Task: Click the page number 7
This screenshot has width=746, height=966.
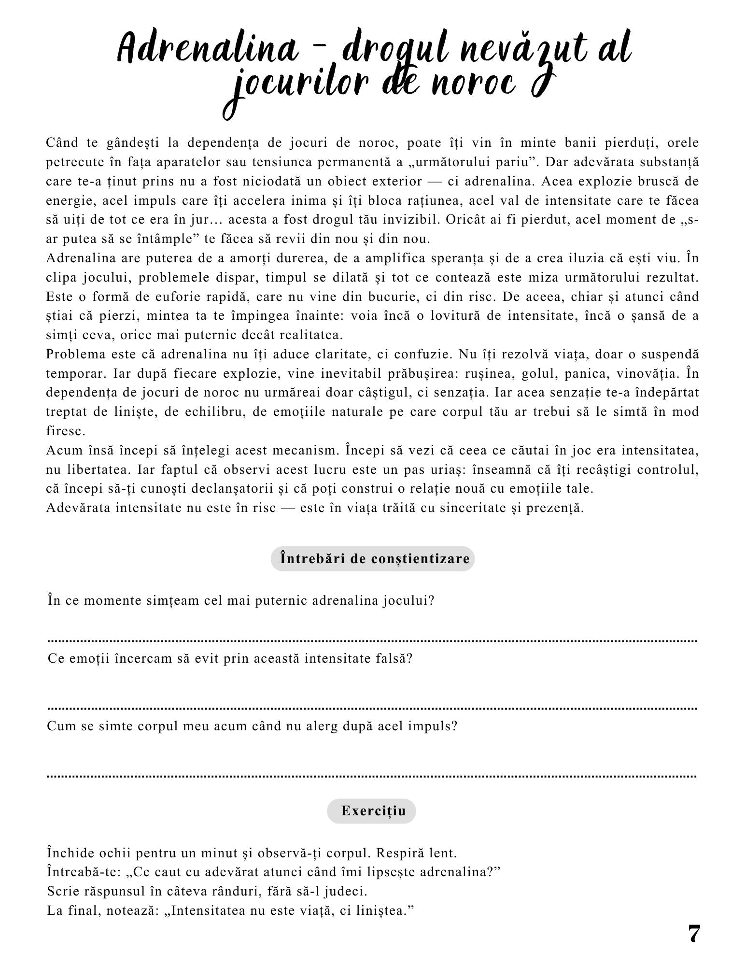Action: (x=693, y=935)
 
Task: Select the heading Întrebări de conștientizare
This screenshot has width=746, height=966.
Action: (x=372, y=559)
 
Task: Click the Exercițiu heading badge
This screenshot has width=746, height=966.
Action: (x=371, y=811)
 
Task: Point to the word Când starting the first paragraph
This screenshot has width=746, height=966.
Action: (x=62, y=143)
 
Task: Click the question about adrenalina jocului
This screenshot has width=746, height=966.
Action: (x=241, y=601)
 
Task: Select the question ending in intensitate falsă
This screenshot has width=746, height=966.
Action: (x=230, y=659)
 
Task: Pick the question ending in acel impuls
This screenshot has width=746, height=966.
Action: (x=252, y=726)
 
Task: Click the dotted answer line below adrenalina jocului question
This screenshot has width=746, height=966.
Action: (x=372, y=641)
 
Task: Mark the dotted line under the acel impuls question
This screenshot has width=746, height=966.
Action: (x=372, y=776)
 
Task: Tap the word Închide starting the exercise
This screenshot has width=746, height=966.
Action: (x=70, y=853)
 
